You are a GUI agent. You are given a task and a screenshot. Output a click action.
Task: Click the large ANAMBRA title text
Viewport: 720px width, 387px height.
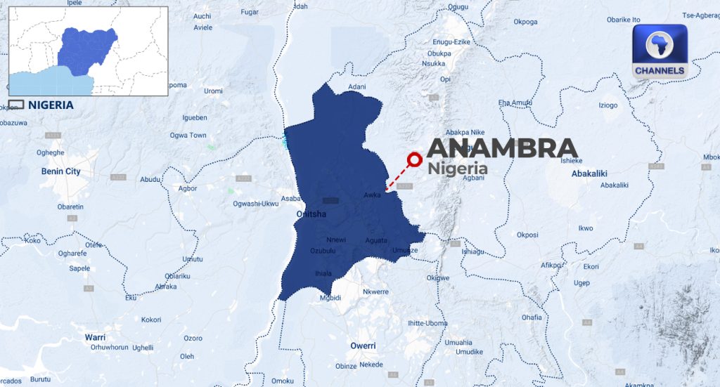coord(502,147)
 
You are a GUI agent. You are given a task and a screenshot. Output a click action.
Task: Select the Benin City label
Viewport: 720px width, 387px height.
coord(61,171)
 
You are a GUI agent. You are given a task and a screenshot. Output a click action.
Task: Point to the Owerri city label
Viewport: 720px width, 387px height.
coord(363,346)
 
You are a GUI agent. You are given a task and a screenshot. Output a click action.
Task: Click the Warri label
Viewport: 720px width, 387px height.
coord(95,337)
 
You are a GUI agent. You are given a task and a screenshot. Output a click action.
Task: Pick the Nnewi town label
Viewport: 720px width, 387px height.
coord(336,239)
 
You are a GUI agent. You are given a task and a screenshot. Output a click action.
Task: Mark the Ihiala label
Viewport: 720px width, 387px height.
coord(323,273)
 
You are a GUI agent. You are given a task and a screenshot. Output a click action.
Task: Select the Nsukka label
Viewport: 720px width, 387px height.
coord(433,63)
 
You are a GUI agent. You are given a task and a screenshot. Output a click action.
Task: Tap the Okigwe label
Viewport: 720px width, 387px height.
coord(437,277)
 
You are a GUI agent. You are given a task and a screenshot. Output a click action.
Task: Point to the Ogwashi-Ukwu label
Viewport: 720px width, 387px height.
coord(256,204)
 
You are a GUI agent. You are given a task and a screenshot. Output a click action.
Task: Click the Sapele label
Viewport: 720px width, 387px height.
coord(79,268)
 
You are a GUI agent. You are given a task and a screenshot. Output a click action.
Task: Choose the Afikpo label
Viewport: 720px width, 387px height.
coord(551,265)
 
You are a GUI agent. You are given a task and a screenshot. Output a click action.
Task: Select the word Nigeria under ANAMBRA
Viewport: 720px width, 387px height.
coord(457,169)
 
